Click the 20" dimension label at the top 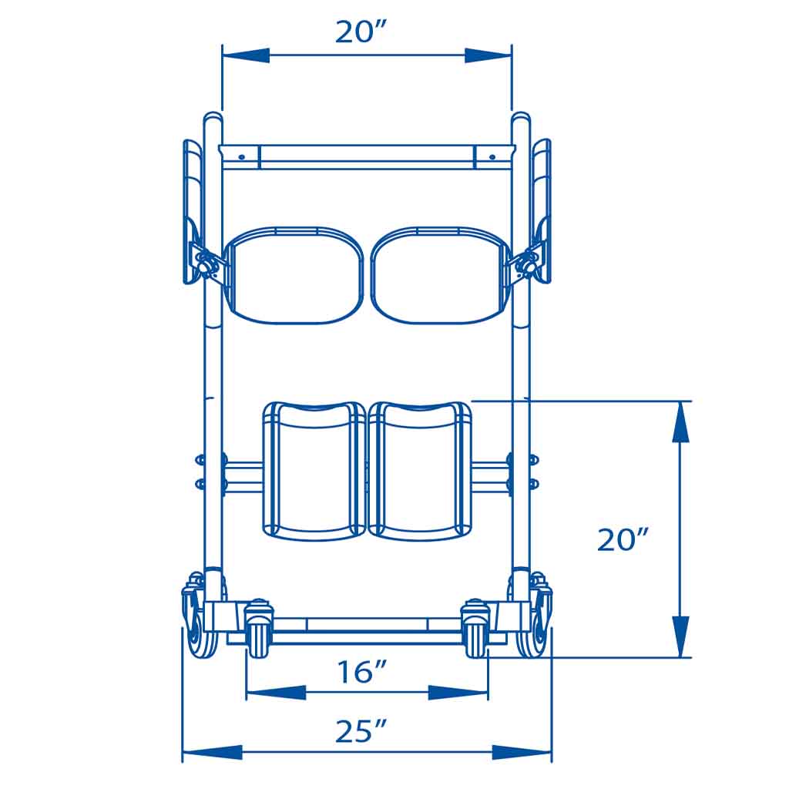361,32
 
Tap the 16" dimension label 361,672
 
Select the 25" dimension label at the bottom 361,731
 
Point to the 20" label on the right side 623,539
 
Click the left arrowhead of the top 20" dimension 246,55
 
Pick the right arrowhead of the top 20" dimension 488,55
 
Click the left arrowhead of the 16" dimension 276,693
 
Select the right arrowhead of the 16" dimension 458,693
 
